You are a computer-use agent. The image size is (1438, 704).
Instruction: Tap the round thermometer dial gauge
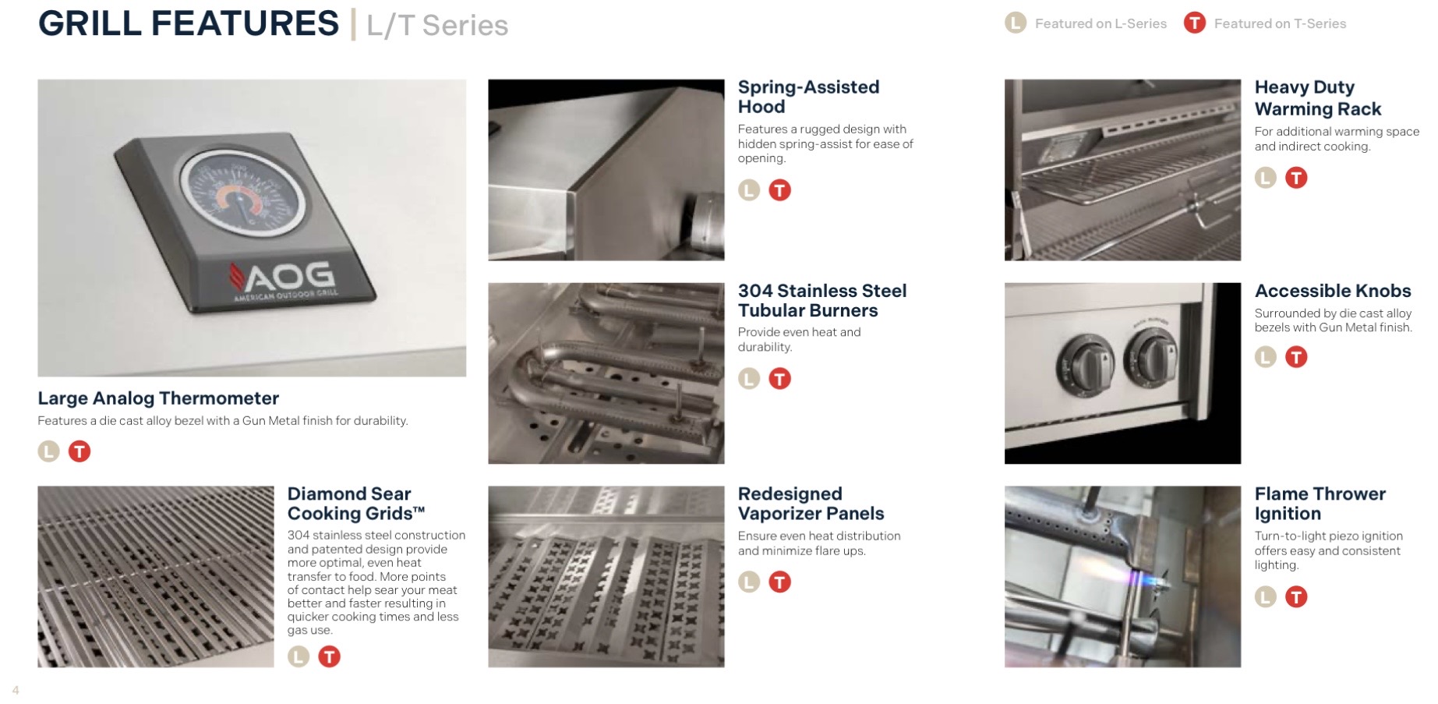[239, 194]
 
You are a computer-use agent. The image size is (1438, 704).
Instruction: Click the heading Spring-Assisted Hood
[808, 97]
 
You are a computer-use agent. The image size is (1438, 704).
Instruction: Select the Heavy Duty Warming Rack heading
[1317, 98]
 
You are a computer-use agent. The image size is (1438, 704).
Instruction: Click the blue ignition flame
[1141, 579]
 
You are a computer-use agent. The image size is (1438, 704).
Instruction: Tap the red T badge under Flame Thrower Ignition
[1296, 597]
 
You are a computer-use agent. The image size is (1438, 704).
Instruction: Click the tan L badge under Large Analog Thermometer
[49, 451]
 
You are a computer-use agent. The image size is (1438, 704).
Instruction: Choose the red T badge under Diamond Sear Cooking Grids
[330, 656]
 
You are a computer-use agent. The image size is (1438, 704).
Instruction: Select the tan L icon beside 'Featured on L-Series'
[1016, 23]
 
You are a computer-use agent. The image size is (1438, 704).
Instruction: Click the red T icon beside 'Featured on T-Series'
[1195, 23]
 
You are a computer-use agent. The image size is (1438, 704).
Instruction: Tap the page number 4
[16, 690]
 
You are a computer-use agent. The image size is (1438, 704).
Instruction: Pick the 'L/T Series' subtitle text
[437, 25]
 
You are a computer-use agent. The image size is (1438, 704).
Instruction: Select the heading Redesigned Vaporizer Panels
[811, 504]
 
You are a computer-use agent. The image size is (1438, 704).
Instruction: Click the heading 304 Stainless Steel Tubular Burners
[822, 300]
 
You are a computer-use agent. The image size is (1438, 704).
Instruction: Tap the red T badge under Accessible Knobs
[1296, 357]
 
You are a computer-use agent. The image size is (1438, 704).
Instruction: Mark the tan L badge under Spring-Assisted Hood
[749, 190]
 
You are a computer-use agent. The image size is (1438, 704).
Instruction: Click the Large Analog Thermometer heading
[158, 398]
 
